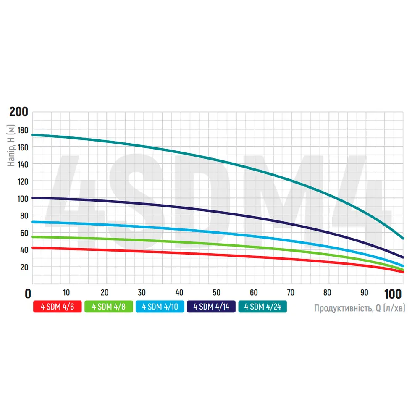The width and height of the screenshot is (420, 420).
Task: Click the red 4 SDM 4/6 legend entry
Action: [x=57, y=307]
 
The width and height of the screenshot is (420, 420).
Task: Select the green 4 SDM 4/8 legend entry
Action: [x=108, y=307]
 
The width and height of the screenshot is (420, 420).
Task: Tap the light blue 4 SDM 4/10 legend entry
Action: [x=160, y=307]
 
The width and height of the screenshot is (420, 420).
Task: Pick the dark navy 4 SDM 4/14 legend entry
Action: [x=211, y=307]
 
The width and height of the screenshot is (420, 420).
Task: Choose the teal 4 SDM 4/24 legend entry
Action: [x=262, y=307]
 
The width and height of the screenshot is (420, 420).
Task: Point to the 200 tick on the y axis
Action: [x=19, y=112]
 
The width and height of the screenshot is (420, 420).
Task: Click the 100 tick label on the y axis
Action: [x=21, y=199]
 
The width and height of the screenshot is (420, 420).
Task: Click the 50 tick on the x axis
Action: [x=217, y=293]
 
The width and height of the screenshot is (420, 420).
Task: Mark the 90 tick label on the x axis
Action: [x=365, y=293]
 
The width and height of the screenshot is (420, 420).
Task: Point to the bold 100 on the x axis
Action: [x=394, y=293]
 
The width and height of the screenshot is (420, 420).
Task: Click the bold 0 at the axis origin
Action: [x=28, y=293]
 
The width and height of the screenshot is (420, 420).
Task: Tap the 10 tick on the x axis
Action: [x=66, y=293]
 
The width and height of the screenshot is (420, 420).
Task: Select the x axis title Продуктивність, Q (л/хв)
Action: [x=360, y=309]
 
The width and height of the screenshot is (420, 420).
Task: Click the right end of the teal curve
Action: [x=403, y=238]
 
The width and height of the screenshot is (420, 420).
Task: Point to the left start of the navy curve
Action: [x=33, y=198]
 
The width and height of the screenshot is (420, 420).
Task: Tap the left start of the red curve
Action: [x=33, y=248]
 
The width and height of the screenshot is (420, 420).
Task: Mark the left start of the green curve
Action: [x=33, y=237]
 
